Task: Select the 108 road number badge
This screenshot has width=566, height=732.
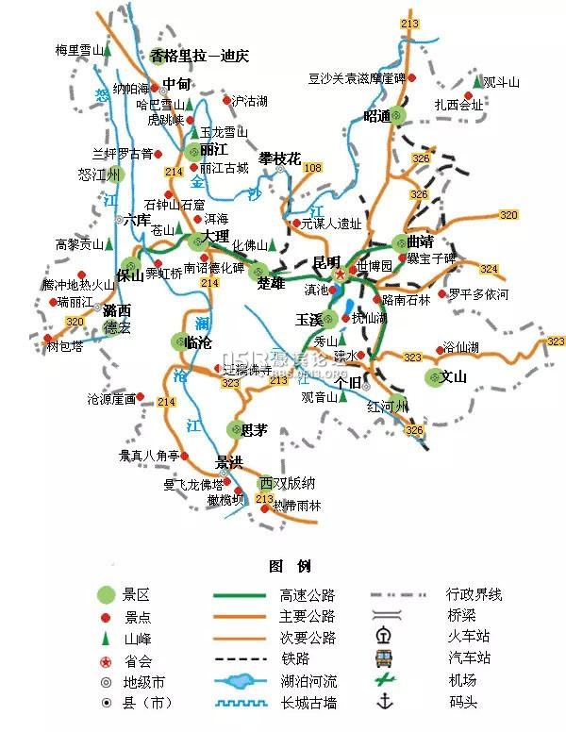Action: pyautogui.click(x=312, y=168)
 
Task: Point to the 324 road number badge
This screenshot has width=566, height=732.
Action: pyautogui.click(x=489, y=269)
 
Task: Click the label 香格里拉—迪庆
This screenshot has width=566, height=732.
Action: pyautogui.click(x=198, y=56)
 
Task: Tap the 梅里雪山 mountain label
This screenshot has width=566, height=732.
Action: pyautogui.click(x=78, y=50)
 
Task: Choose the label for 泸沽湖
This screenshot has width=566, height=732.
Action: pyautogui.click(x=250, y=99)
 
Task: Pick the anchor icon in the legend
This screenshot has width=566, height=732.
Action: pyautogui.click(x=384, y=701)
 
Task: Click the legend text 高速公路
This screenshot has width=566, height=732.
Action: pyautogui.click(x=307, y=595)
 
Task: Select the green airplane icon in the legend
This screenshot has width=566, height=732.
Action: pyautogui.click(x=384, y=679)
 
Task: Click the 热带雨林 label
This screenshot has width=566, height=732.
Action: pyautogui.click(x=297, y=506)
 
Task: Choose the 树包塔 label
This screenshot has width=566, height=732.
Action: pyautogui.click(x=65, y=346)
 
